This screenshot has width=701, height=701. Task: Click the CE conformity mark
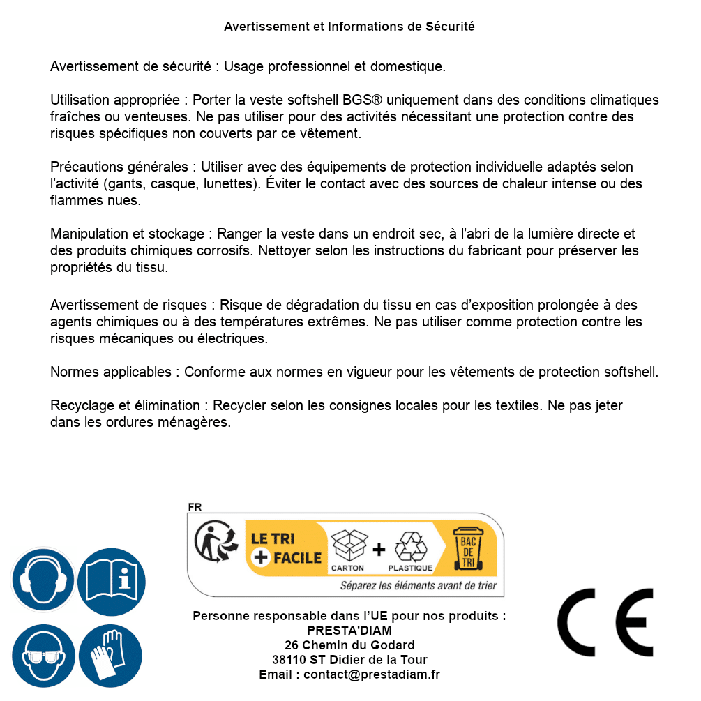click(x=605, y=622)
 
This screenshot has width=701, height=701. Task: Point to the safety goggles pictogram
click(x=43, y=656)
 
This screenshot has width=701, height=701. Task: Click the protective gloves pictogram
click(x=110, y=656)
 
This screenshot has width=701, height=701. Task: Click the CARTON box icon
click(x=348, y=545)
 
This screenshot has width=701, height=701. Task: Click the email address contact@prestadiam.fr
click(x=372, y=674)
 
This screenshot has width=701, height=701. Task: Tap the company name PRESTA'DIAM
click(x=349, y=631)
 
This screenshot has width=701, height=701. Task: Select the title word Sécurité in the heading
click(x=450, y=27)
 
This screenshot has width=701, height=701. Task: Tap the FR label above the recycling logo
click(x=195, y=507)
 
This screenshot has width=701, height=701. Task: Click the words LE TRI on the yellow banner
click(x=273, y=538)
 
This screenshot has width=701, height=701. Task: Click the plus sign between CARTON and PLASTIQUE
click(x=379, y=549)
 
